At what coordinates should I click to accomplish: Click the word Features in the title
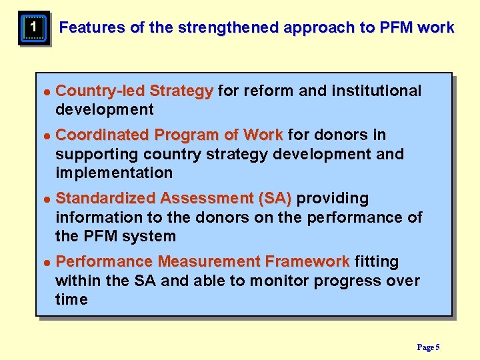pyautogui.click(x=92, y=28)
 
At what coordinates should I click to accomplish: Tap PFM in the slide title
pyautogui.click(x=397, y=28)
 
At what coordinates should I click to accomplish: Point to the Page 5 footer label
pyautogui.click(x=428, y=347)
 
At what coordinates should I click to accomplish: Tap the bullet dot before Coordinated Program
pyautogui.click(x=46, y=136)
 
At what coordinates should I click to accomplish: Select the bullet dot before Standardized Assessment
pyautogui.click(x=46, y=199)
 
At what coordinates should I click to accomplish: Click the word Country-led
pyautogui.click(x=101, y=91)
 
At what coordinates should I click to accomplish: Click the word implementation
pyautogui.click(x=114, y=173)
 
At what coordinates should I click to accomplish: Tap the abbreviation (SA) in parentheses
pyautogui.click(x=274, y=198)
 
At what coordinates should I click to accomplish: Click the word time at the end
pyautogui.click(x=71, y=299)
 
